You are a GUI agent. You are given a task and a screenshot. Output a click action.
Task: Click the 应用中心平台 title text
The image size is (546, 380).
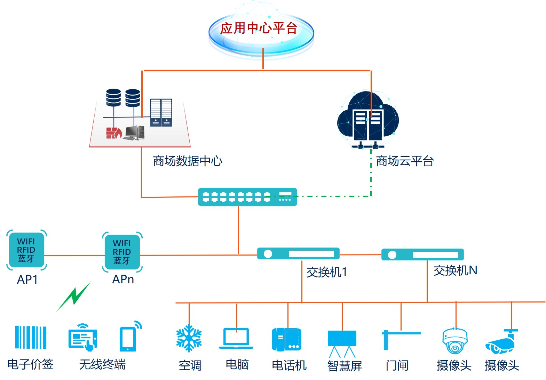tap(259, 28)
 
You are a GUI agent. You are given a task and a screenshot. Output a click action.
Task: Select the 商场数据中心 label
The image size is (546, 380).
tap(187, 161)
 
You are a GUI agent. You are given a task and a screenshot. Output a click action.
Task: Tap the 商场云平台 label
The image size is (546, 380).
tap(405, 161)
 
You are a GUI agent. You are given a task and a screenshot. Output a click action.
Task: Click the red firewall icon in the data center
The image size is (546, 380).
tap(113, 133)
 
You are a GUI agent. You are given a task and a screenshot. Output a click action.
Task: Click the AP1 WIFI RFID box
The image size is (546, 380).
tap(26, 250)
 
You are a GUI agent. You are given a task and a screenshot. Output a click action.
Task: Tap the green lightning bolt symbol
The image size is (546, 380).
tap(74, 296)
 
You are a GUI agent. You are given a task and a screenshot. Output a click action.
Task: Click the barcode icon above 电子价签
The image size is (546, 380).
tap(31, 337)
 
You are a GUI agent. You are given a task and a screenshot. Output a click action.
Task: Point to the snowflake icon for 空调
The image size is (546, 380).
tap(189, 338)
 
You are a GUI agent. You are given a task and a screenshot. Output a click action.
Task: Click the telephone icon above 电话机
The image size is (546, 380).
tap(287, 339)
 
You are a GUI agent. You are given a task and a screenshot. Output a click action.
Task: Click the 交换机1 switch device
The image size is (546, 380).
tap(298, 254)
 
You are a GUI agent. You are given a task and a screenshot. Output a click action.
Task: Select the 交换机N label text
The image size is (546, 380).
tap(455, 270)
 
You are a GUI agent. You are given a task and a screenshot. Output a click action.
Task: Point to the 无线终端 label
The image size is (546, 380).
tap(102, 364)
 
